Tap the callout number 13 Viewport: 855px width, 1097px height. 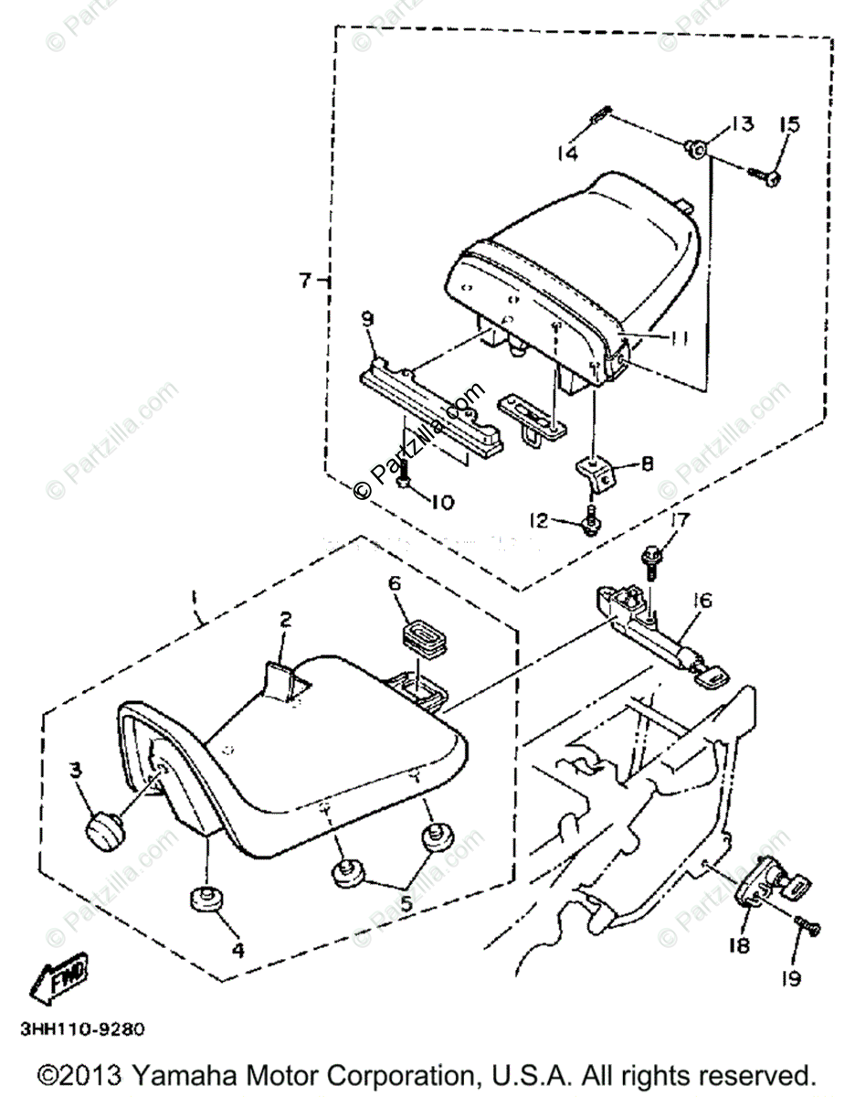(x=741, y=124)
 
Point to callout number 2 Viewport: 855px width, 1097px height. (x=285, y=621)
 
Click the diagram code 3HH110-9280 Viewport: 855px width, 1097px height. (x=80, y=1028)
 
